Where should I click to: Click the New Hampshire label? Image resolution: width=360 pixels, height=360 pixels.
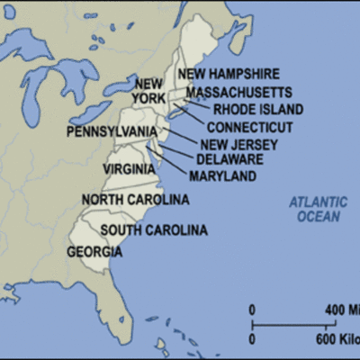[x=228, y=74]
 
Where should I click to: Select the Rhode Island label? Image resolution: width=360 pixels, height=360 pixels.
[x=258, y=109]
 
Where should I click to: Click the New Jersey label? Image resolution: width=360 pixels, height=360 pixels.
[x=238, y=144]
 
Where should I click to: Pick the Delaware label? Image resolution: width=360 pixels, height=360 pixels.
[x=229, y=159]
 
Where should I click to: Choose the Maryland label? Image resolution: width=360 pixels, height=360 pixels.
[x=222, y=175]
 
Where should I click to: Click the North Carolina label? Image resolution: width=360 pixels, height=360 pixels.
[x=135, y=199]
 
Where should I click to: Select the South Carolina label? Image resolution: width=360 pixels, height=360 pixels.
[x=154, y=230]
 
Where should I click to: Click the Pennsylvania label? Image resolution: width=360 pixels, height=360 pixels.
[x=112, y=131]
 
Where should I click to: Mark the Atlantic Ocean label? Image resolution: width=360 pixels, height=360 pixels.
[x=319, y=209]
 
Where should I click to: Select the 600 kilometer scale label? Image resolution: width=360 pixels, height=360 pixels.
[x=337, y=338]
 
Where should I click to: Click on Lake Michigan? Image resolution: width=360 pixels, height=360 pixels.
[x=37, y=94]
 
